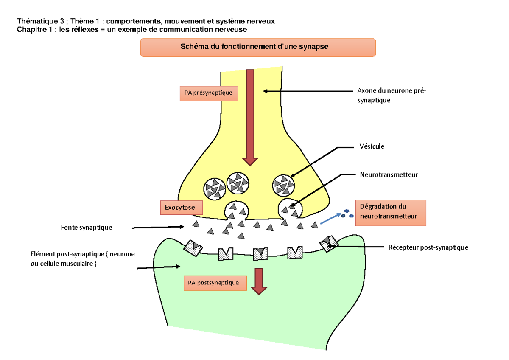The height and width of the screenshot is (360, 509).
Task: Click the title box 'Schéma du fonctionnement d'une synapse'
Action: tap(257, 47)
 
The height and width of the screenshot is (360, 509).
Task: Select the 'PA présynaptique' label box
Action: tap(209, 93)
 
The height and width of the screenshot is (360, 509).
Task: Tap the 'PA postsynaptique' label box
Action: tap(215, 282)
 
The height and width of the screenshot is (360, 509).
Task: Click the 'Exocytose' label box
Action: tap(181, 208)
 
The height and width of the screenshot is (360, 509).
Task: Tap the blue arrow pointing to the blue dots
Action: tap(330, 218)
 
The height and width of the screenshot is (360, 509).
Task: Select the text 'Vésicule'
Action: tap(372, 146)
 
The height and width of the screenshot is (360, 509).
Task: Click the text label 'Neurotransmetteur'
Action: tap(389, 174)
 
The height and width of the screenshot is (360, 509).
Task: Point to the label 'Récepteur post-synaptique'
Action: tap(428, 247)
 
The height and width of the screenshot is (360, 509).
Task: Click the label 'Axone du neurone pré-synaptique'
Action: tap(390, 96)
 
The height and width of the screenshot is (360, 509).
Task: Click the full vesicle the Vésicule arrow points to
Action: tap(283, 185)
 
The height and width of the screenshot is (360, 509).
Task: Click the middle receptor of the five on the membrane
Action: tap(260, 254)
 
